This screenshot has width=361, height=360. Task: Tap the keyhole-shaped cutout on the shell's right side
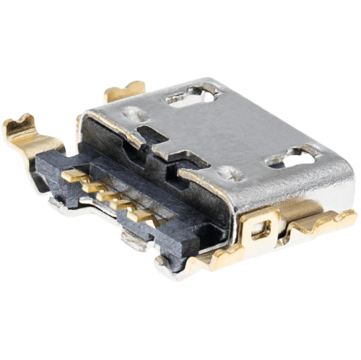click(292, 156)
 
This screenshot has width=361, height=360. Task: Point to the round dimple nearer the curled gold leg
click(133, 113)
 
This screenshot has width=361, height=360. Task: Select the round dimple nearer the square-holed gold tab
click(230, 172)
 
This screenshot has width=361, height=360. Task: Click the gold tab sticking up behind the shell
click(124, 92)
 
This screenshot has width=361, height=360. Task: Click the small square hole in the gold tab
click(260, 229)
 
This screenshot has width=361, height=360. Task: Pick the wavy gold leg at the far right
click(329, 220)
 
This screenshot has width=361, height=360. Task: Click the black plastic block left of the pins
click(51, 170)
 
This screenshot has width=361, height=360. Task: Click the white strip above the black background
click(180, 25)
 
